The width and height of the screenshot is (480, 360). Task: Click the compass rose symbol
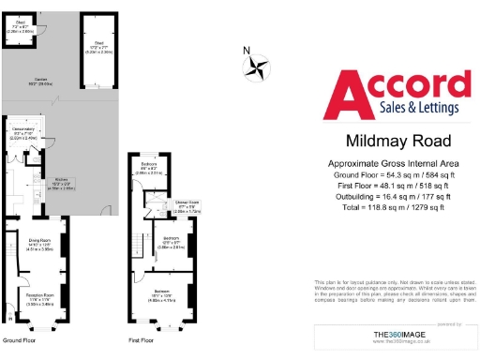pos(255,67)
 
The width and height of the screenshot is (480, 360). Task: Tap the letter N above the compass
pos(246,51)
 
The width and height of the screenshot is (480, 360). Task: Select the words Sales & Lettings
pos(405,109)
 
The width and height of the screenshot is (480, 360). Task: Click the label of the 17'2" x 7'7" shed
pos(98,44)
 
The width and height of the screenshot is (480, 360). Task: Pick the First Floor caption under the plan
pos(141,340)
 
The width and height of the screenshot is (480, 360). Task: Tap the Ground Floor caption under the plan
pos(20,340)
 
